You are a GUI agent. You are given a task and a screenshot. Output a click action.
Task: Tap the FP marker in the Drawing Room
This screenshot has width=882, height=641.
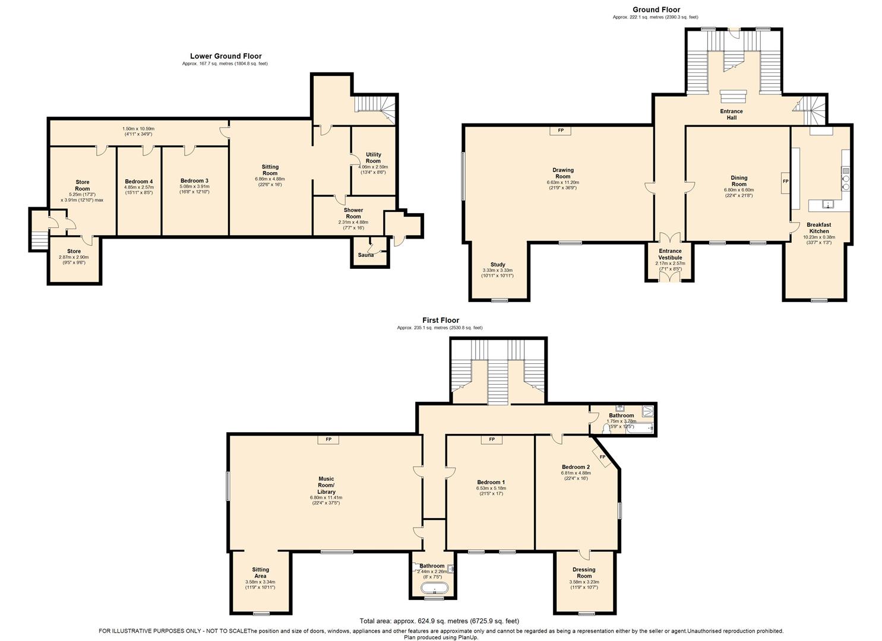pyautogui.click(x=559, y=131)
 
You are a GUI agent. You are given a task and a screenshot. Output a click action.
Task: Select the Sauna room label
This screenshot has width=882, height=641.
pyautogui.click(x=365, y=255)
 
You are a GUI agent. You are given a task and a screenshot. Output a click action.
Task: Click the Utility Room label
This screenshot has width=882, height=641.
pyautogui.click(x=373, y=158)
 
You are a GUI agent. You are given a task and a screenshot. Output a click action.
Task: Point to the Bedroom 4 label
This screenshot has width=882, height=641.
pyautogui.click(x=138, y=182)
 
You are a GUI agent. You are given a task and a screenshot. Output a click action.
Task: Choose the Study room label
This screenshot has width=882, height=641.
pyautogui.click(x=497, y=265)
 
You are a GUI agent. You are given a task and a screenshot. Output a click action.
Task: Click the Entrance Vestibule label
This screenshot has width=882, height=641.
pyautogui.click(x=670, y=255)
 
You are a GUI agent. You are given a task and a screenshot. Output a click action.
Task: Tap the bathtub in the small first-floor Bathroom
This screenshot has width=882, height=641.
pyautogui.click(x=435, y=589)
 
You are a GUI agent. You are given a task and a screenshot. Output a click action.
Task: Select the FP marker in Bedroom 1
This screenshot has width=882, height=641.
pyautogui.click(x=491, y=440)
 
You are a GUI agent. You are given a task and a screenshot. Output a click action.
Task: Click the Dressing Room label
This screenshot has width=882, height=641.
pyautogui.click(x=584, y=573)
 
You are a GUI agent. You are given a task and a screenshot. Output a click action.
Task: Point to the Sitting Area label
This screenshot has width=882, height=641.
pyautogui.click(x=260, y=573)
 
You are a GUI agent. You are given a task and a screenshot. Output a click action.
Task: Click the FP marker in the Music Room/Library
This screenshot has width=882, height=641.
pyautogui.click(x=327, y=440)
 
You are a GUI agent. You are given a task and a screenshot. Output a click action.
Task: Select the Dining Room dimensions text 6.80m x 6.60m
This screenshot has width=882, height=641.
pyautogui.click(x=739, y=191)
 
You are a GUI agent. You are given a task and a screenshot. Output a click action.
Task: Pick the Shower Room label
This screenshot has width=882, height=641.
pyautogui.click(x=353, y=213)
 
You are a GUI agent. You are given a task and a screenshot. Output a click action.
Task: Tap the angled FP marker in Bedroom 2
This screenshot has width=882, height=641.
pyautogui.click(x=602, y=458)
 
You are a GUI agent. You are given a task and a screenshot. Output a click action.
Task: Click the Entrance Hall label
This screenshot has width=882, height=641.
pyautogui.click(x=731, y=115)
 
